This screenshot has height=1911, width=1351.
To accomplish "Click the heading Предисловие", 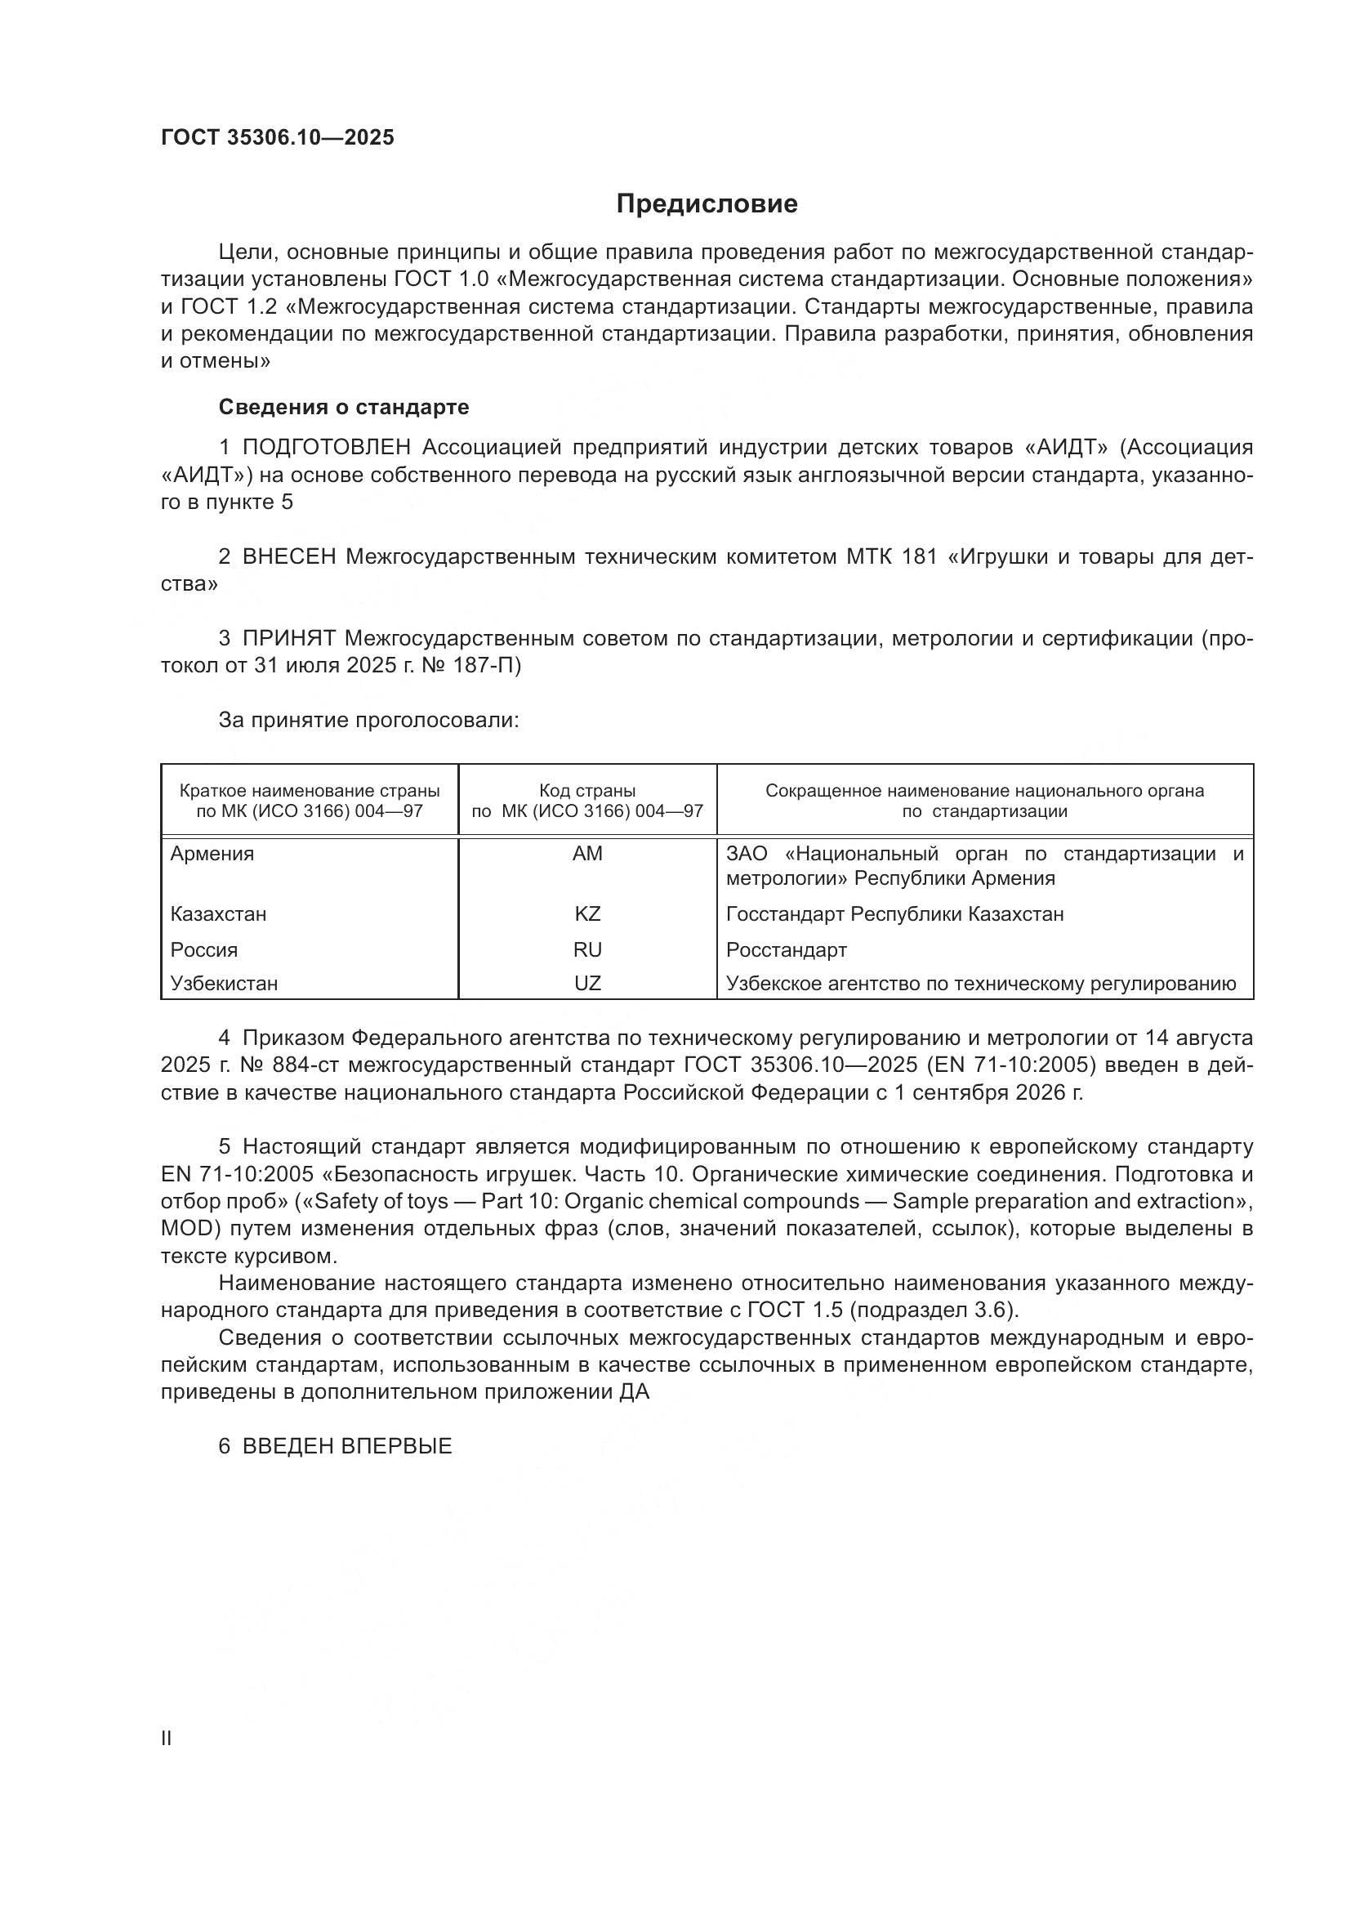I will coord(707,204).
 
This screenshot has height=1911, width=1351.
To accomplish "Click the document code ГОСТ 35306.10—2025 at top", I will coord(277,138).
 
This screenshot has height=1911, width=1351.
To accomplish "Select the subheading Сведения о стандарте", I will coord(344,407).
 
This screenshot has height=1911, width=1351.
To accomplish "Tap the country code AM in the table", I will coord(587,854).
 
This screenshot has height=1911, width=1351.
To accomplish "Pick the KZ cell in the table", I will coord(587,914).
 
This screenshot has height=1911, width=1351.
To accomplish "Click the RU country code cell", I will coord(587,949).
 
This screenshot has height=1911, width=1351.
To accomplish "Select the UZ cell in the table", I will coord(587,984).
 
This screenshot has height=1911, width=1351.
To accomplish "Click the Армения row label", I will coord(212,854).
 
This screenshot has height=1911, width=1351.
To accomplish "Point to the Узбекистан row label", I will coord(224,984).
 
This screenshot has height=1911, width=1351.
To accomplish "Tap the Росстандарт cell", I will coord(786,949).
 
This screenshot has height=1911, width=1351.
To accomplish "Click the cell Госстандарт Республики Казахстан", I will coord(894,914).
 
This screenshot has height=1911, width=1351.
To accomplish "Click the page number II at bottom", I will coord(167,1739).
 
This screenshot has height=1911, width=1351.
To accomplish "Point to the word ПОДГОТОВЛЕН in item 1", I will coord(326,448).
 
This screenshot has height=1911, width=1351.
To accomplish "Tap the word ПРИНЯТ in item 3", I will coord(288,638).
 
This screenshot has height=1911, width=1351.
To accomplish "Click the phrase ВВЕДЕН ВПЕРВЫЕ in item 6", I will coord(347,1446).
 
